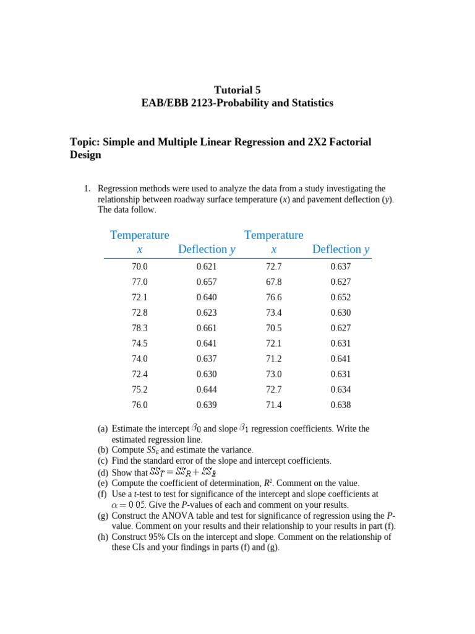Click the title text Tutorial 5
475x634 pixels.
(237, 89)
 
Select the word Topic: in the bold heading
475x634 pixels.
(85, 142)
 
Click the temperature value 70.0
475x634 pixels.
(140, 267)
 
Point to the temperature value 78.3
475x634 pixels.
(140, 328)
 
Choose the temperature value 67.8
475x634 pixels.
(274, 282)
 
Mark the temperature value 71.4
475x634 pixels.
(274, 405)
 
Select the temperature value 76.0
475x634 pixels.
(140, 405)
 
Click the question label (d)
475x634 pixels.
(103, 472)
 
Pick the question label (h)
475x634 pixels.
(103, 537)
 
